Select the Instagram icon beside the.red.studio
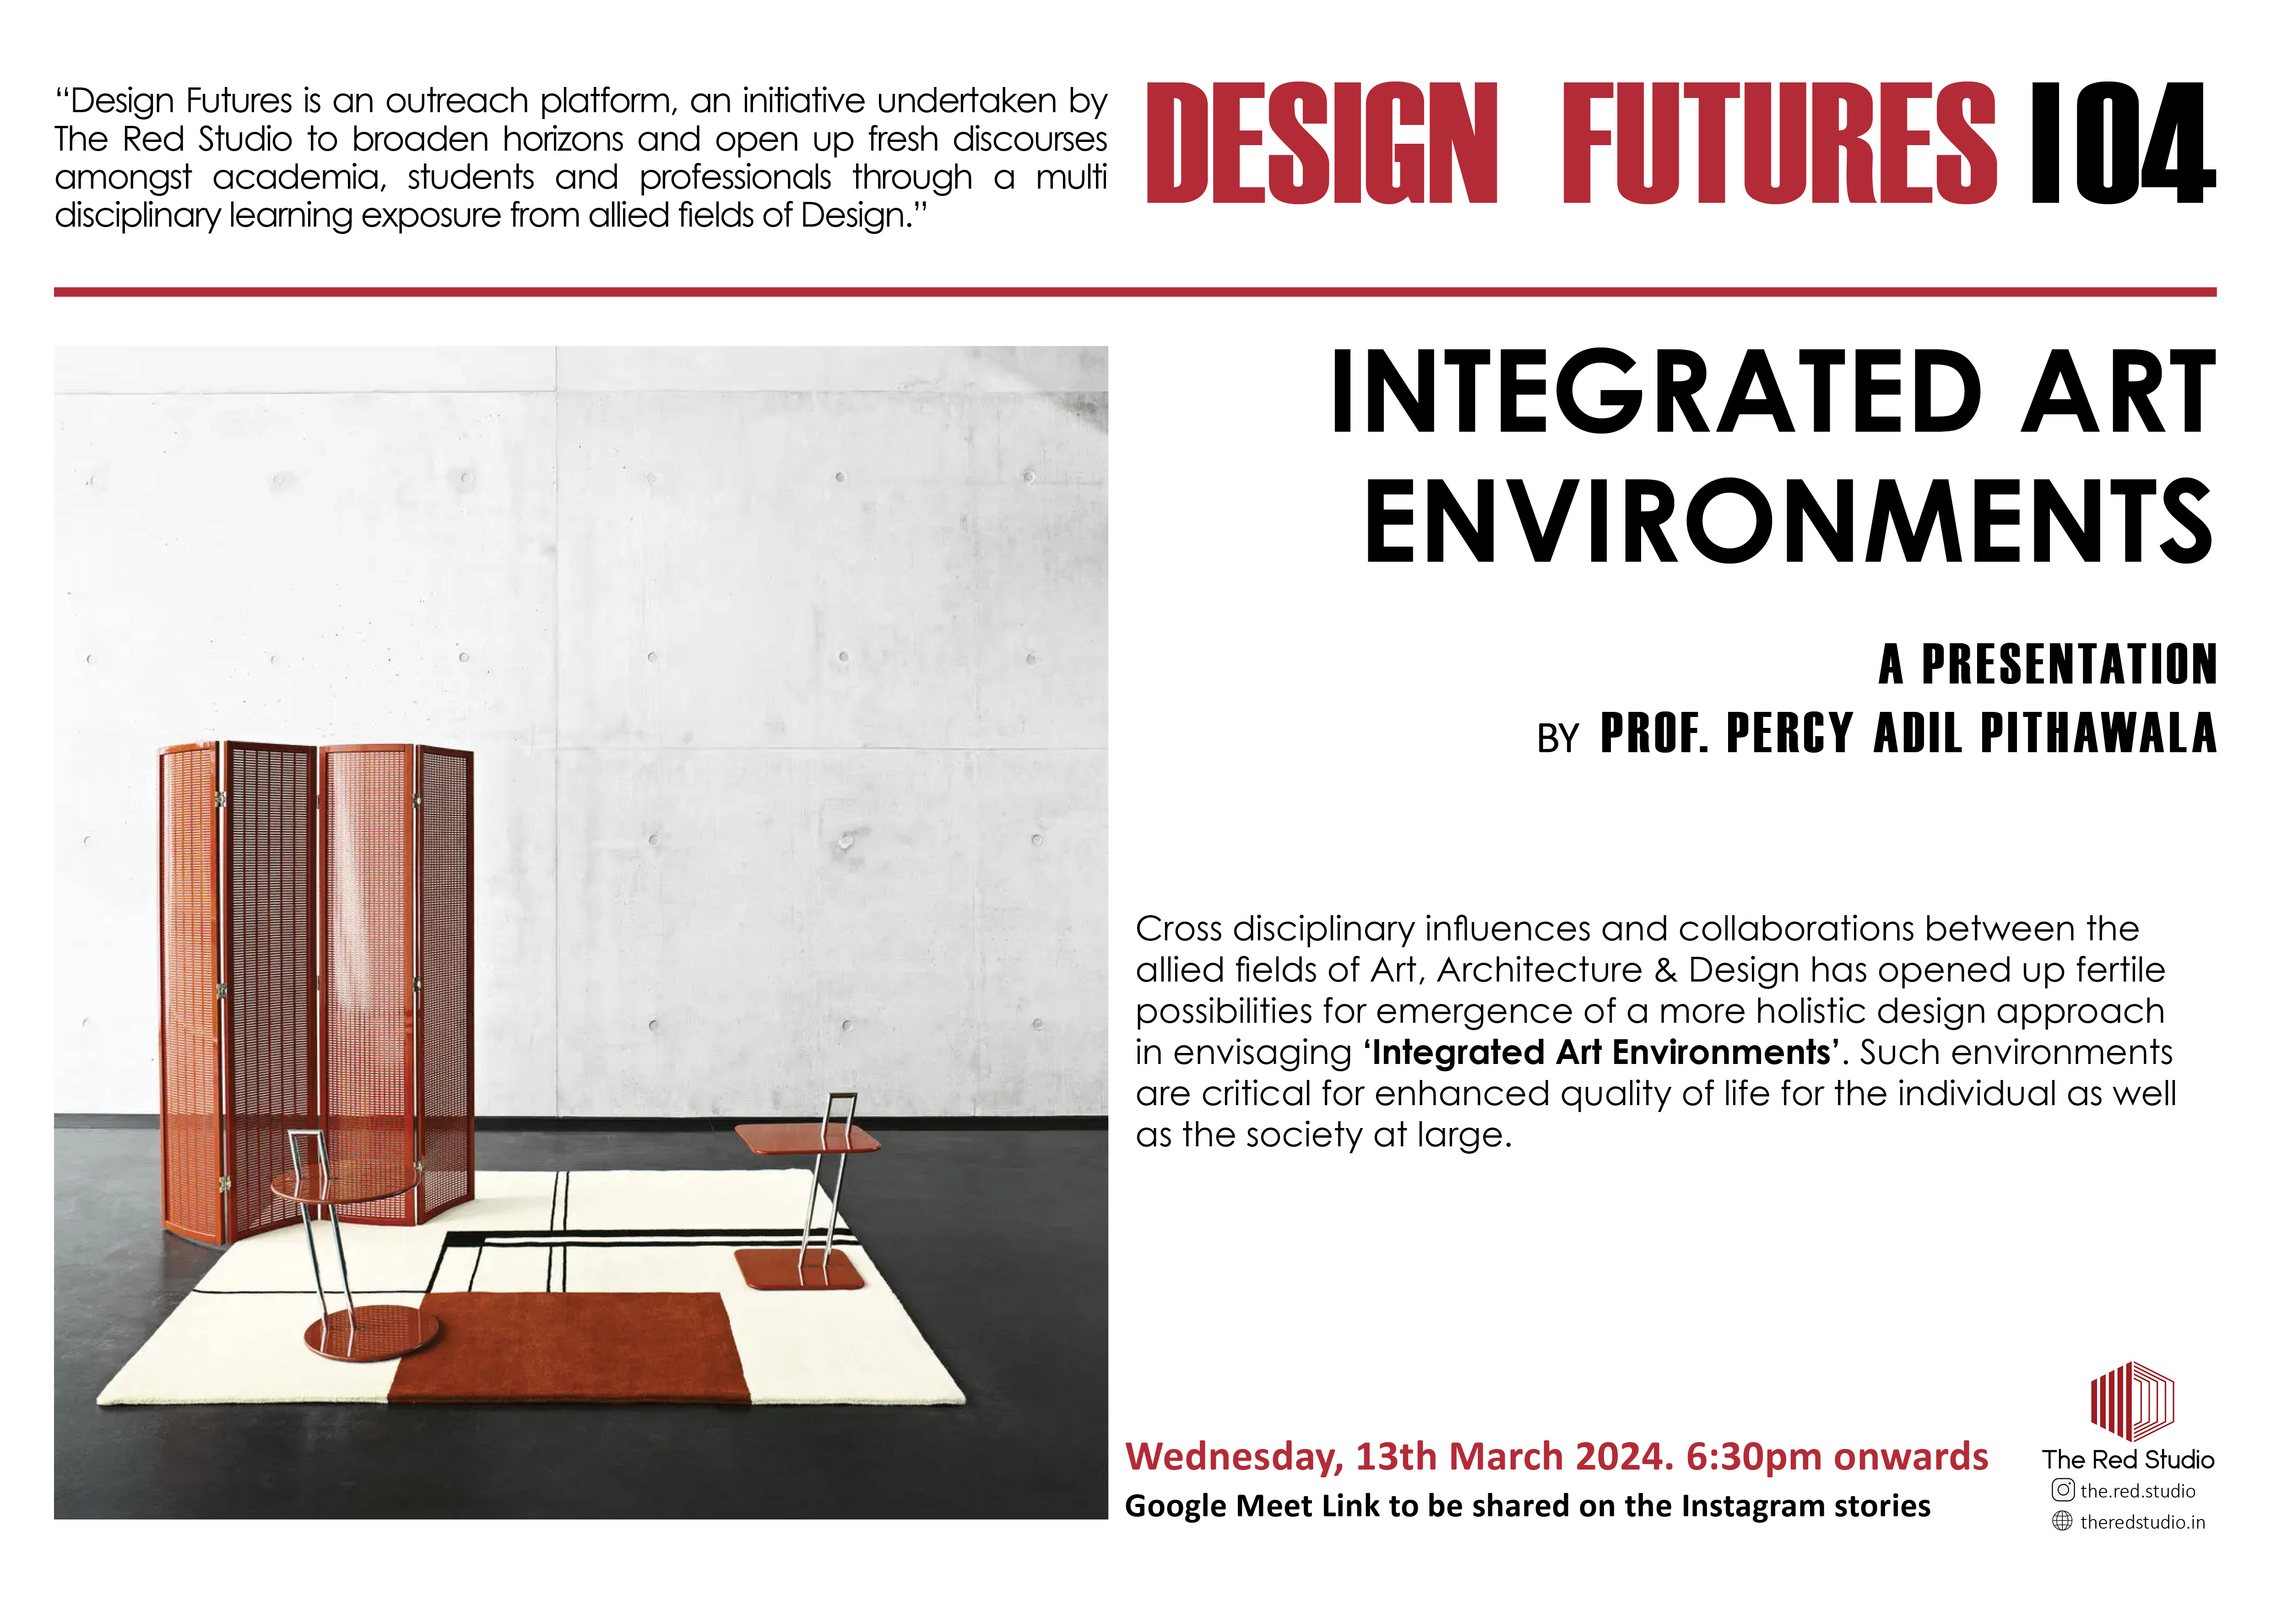tap(2062, 1490)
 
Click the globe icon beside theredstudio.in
tap(2062, 1521)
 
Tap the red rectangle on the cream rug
tap(571, 1347)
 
